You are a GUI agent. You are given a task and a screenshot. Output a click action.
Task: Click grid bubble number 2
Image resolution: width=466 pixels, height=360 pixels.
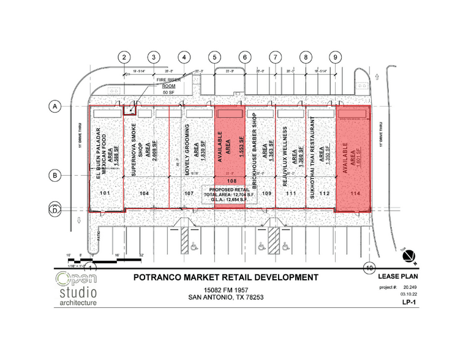point(124,58)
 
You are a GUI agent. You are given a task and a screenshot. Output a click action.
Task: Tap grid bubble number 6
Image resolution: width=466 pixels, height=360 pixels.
point(245,58)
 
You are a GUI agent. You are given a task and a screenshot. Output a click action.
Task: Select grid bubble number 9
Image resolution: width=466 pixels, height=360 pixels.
point(335,58)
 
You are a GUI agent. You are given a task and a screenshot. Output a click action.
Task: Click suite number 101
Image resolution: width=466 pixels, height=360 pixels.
point(105,193)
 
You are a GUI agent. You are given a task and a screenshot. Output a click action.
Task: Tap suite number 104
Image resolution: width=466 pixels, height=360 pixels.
point(145,193)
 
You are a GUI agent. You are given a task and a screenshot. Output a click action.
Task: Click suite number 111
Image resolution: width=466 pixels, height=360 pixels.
point(291,193)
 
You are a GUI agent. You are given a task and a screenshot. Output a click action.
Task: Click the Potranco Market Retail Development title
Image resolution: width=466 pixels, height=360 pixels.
point(225,277)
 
